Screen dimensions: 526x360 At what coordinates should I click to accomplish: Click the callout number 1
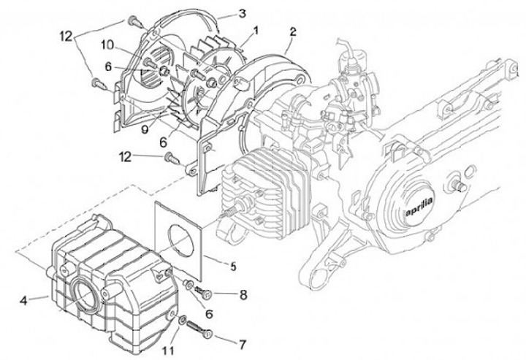[256, 31]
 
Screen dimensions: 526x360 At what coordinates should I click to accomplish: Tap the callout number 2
[293, 32]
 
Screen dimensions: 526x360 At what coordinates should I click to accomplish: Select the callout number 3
[243, 13]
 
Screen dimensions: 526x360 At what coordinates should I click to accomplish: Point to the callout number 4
[23, 300]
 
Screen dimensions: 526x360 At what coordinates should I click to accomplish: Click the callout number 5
[233, 267]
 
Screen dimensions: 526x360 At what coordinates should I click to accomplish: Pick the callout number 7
[243, 344]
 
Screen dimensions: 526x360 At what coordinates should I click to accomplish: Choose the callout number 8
[243, 294]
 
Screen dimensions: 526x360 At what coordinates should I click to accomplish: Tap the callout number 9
[145, 129]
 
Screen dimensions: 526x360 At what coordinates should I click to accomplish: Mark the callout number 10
[107, 45]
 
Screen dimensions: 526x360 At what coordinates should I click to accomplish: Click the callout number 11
[169, 351]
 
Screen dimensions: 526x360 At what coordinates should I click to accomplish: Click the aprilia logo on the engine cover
[419, 206]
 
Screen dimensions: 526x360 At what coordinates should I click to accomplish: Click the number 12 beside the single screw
[125, 156]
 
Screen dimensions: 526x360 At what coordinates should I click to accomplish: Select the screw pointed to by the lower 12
[172, 158]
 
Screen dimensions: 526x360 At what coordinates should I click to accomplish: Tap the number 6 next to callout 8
[209, 314]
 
